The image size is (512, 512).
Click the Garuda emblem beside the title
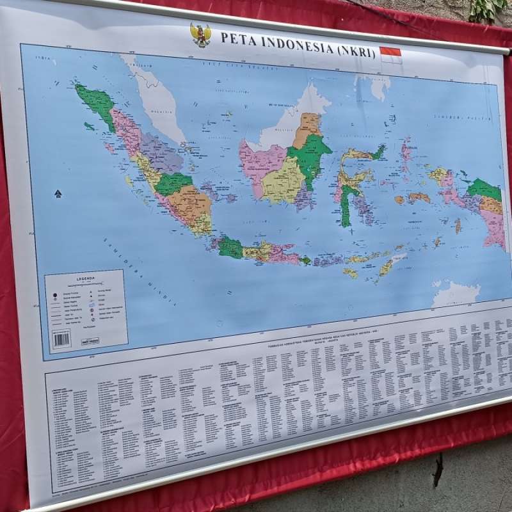coord(200,35)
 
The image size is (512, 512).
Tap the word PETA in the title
coord(233,38)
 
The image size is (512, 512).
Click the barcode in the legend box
coord(61,339)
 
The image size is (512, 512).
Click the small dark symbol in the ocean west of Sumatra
coord(58,193)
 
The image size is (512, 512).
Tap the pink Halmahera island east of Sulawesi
coord(406,155)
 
